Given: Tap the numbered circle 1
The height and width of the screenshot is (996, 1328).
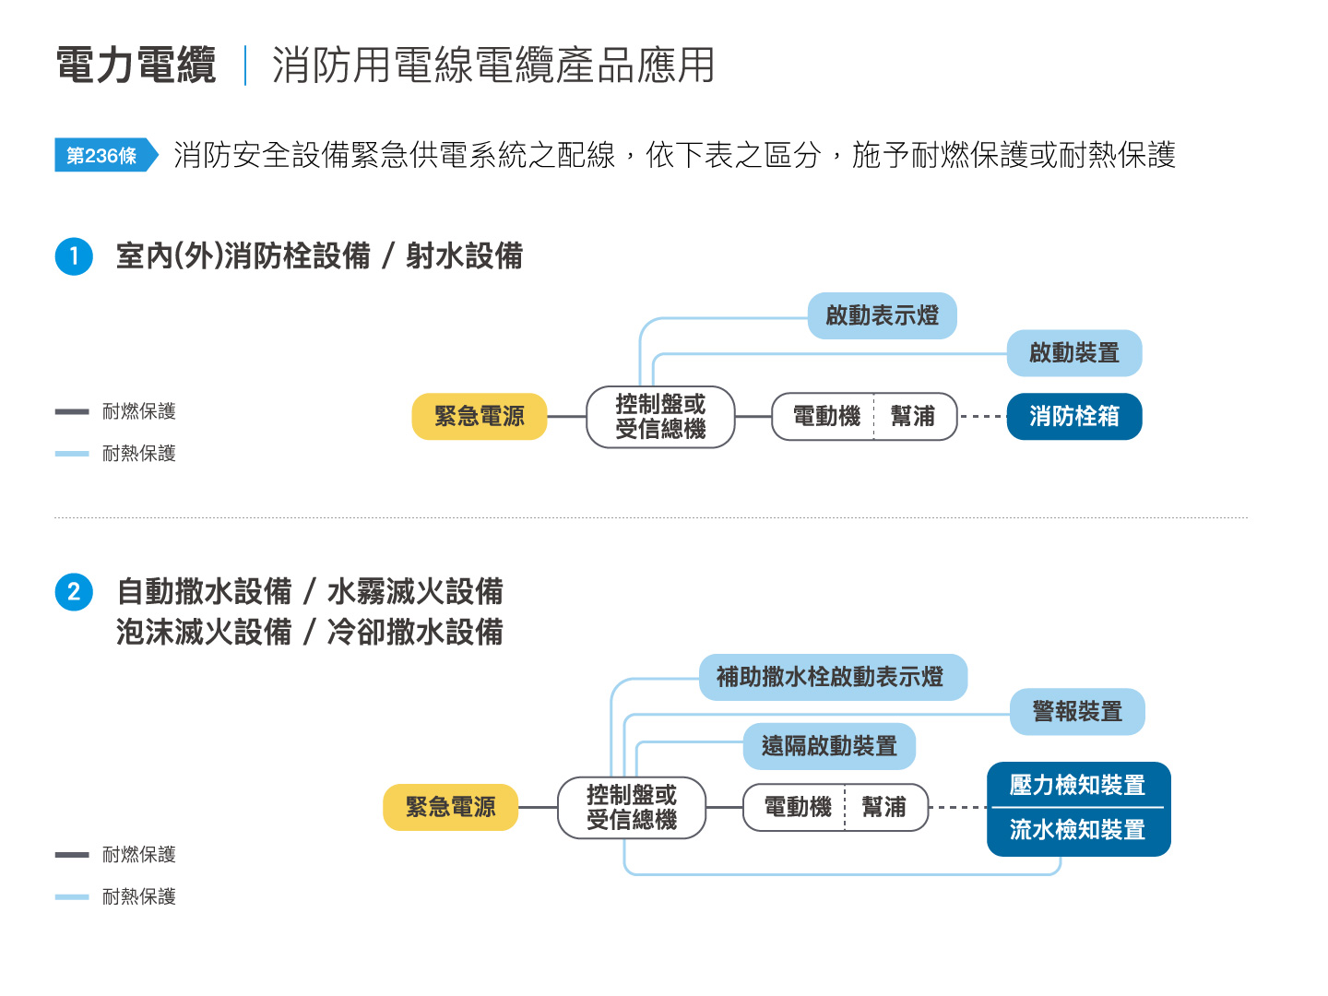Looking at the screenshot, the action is click(x=74, y=256).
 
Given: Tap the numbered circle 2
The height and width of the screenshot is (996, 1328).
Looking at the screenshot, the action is click(x=74, y=592).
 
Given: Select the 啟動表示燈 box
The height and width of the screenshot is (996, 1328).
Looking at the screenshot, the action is click(x=882, y=315).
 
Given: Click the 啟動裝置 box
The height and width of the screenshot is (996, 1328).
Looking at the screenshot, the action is click(x=1073, y=353).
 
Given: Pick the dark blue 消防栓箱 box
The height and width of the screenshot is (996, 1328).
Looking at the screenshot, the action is click(x=1073, y=417).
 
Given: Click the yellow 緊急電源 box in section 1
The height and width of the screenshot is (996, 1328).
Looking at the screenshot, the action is click(x=480, y=417).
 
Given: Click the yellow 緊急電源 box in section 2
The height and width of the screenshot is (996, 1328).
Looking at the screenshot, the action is click(x=450, y=807).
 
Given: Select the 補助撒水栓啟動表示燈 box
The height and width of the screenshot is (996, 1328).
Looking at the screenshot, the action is click(x=833, y=677).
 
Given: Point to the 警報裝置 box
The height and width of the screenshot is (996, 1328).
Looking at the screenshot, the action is click(x=1077, y=712).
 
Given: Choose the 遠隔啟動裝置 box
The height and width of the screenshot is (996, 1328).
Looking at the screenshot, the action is click(x=829, y=746).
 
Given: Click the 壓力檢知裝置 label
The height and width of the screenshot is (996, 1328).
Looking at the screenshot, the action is click(x=1077, y=785).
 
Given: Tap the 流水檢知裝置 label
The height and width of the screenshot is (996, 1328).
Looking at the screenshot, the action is click(x=1077, y=830).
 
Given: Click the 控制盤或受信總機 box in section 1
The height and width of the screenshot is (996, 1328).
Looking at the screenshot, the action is click(x=660, y=417).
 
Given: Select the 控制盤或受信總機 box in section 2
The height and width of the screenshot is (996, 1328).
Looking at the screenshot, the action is click(x=631, y=807).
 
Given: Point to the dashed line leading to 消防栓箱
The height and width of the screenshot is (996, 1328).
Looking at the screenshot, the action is click(x=982, y=417).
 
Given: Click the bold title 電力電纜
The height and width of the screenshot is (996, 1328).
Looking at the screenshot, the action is click(x=136, y=65).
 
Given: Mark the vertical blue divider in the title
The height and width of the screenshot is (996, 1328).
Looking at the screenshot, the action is click(x=245, y=65).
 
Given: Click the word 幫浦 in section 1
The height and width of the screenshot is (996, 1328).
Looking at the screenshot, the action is click(x=912, y=417).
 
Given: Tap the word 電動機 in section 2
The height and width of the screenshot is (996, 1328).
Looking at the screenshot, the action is click(x=798, y=807).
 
